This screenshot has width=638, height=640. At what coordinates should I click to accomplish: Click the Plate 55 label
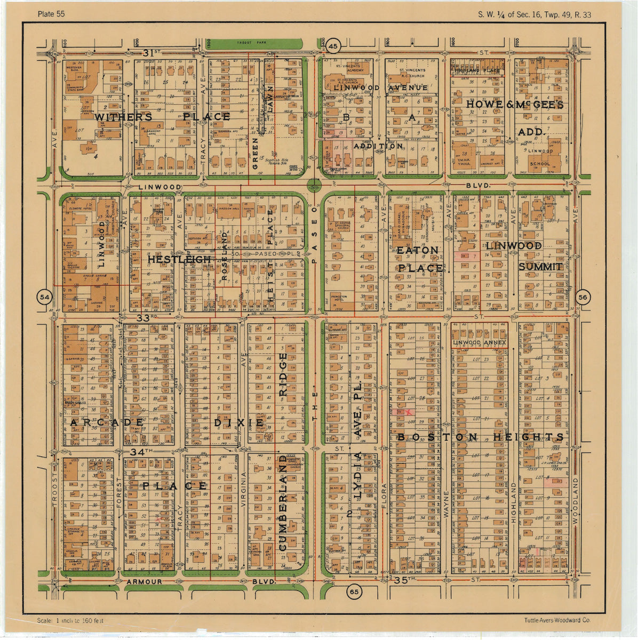[x=52, y=14]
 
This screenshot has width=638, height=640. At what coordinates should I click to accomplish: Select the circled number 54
[x=45, y=297]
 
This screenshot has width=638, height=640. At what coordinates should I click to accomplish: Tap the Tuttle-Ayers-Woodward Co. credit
[x=557, y=620]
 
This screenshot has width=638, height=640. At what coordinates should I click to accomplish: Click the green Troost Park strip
[x=254, y=43]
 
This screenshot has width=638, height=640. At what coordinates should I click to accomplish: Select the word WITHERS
[x=123, y=117]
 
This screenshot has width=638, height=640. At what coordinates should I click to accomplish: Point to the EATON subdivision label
[x=417, y=250]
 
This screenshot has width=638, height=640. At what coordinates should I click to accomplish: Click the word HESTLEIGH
[x=172, y=259]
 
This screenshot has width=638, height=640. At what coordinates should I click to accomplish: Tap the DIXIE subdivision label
[x=239, y=422]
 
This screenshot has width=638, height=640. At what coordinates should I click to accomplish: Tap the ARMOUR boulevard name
[x=144, y=582]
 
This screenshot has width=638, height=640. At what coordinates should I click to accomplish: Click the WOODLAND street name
[x=576, y=500]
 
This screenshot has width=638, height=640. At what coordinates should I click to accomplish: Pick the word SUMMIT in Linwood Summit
[x=540, y=267]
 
